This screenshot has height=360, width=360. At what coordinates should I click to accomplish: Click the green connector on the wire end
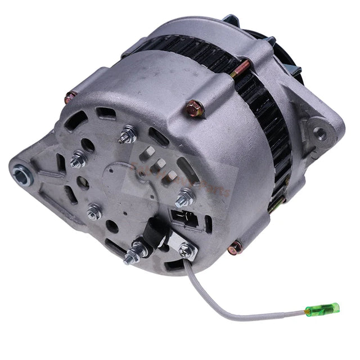(322, 309)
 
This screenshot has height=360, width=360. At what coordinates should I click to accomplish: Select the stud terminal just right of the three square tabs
(184, 197)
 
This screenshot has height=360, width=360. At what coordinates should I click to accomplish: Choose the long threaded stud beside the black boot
(133, 253)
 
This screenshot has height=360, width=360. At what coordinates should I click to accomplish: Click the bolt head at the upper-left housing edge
(70, 99)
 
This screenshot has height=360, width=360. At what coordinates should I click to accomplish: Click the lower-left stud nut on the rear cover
(94, 211)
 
